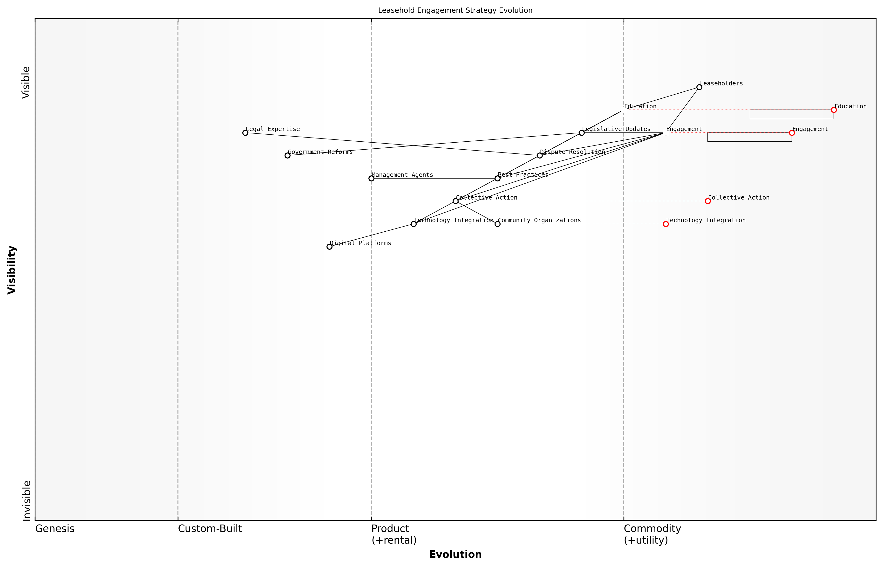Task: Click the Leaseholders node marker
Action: click(699, 87)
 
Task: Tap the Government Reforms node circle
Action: click(287, 155)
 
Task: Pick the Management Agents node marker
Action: click(371, 178)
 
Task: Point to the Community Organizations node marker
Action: click(497, 224)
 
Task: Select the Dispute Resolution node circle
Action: click(539, 155)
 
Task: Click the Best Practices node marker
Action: click(497, 178)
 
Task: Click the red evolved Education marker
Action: click(834, 110)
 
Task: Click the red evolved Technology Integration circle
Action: click(666, 224)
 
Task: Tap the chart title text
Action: click(455, 10)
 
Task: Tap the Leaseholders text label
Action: click(721, 83)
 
